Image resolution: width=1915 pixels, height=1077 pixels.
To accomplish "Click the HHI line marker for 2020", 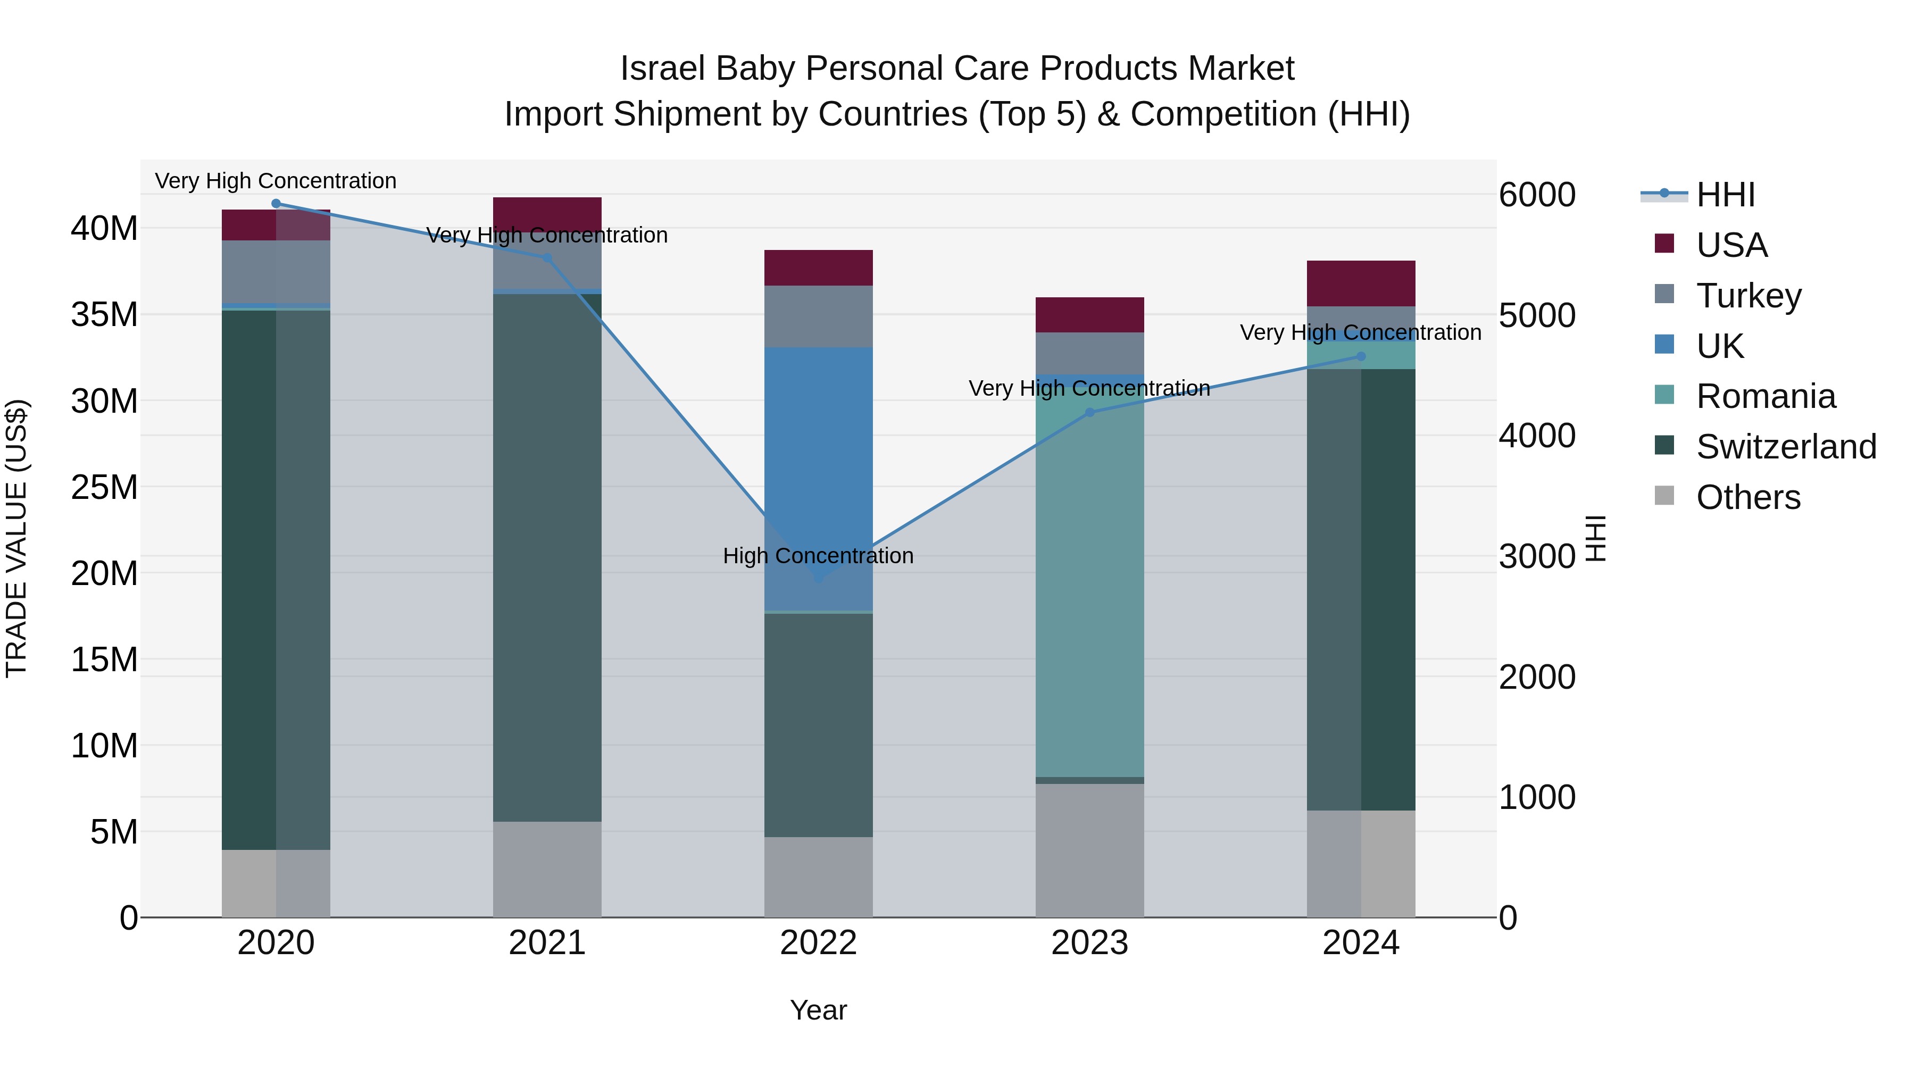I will [276, 204].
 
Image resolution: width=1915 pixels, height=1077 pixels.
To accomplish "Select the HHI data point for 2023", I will [1090, 413].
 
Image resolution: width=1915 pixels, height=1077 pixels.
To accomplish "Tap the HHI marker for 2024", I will [1361, 357].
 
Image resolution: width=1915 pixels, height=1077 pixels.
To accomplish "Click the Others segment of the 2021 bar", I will [547, 869].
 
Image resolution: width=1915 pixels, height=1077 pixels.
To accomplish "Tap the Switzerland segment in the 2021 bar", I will [547, 557].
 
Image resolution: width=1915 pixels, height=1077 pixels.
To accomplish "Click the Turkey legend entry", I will [1748, 296].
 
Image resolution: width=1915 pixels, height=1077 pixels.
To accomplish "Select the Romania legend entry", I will [1765, 396].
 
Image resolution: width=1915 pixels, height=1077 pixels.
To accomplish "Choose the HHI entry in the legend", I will [1725, 195].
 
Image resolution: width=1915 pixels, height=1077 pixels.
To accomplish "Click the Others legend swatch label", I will [1748, 497].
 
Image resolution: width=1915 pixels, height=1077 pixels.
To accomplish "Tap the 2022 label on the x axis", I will [819, 943].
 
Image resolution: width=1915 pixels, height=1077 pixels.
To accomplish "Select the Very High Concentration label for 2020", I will [276, 181].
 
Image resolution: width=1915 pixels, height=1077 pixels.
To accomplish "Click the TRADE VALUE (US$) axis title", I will [16, 538].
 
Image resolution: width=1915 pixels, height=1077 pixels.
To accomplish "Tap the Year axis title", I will [819, 1010].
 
